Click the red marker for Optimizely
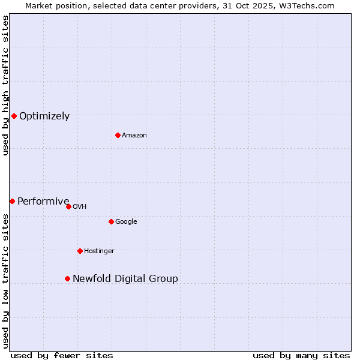[14, 116]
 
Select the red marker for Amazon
[118, 135]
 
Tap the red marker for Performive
[12, 201]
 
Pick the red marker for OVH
[68, 206]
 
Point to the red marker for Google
[111, 221]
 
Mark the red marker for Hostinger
[80, 251]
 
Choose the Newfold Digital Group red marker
[67, 278]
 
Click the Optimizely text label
[44, 116]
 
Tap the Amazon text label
[134, 135]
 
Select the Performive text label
[43, 201]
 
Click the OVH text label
[79, 206]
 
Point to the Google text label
[126, 221]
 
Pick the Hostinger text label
[99, 251]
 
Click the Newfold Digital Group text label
[125, 278]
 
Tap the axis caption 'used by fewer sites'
[62, 355]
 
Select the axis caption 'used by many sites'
[301, 355]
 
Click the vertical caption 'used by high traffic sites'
[5, 85]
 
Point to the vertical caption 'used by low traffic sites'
[5, 281]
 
